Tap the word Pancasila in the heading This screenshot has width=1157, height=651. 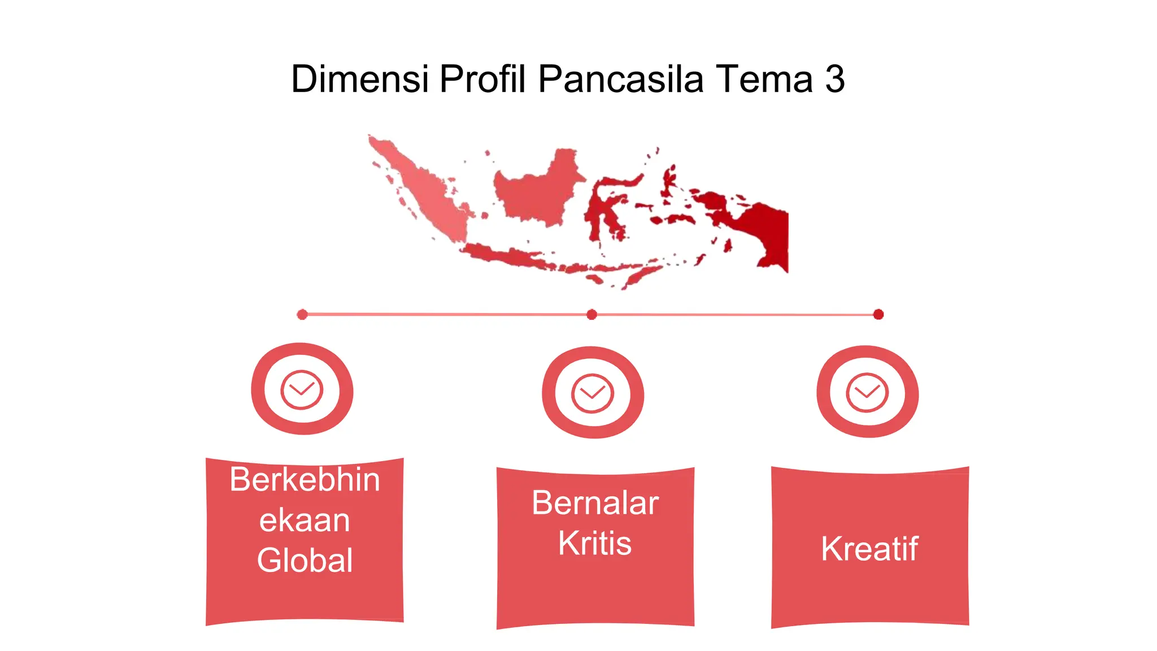[x=620, y=79]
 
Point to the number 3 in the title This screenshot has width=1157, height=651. [x=835, y=79]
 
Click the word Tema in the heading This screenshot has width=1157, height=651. [x=764, y=79]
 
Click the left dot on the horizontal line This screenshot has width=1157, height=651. [x=302, y=314]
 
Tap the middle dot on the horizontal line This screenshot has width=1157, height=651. [x=591, y=314]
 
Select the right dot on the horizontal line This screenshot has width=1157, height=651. [x=878, y=314]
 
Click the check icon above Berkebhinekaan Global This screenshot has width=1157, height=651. [x=302, y=389]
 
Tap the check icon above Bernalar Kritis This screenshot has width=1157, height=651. [x=592, y=393]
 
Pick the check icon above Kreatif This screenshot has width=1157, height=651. [x=867, y=392]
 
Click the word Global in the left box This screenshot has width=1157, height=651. [x=305, y=560]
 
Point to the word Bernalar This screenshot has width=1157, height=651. [x=595, y=503]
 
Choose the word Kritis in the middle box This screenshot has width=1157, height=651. [x=595, y=543]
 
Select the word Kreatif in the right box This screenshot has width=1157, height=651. [x=869, y=549]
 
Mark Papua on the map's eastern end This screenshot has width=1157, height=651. [x=763, y=232]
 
